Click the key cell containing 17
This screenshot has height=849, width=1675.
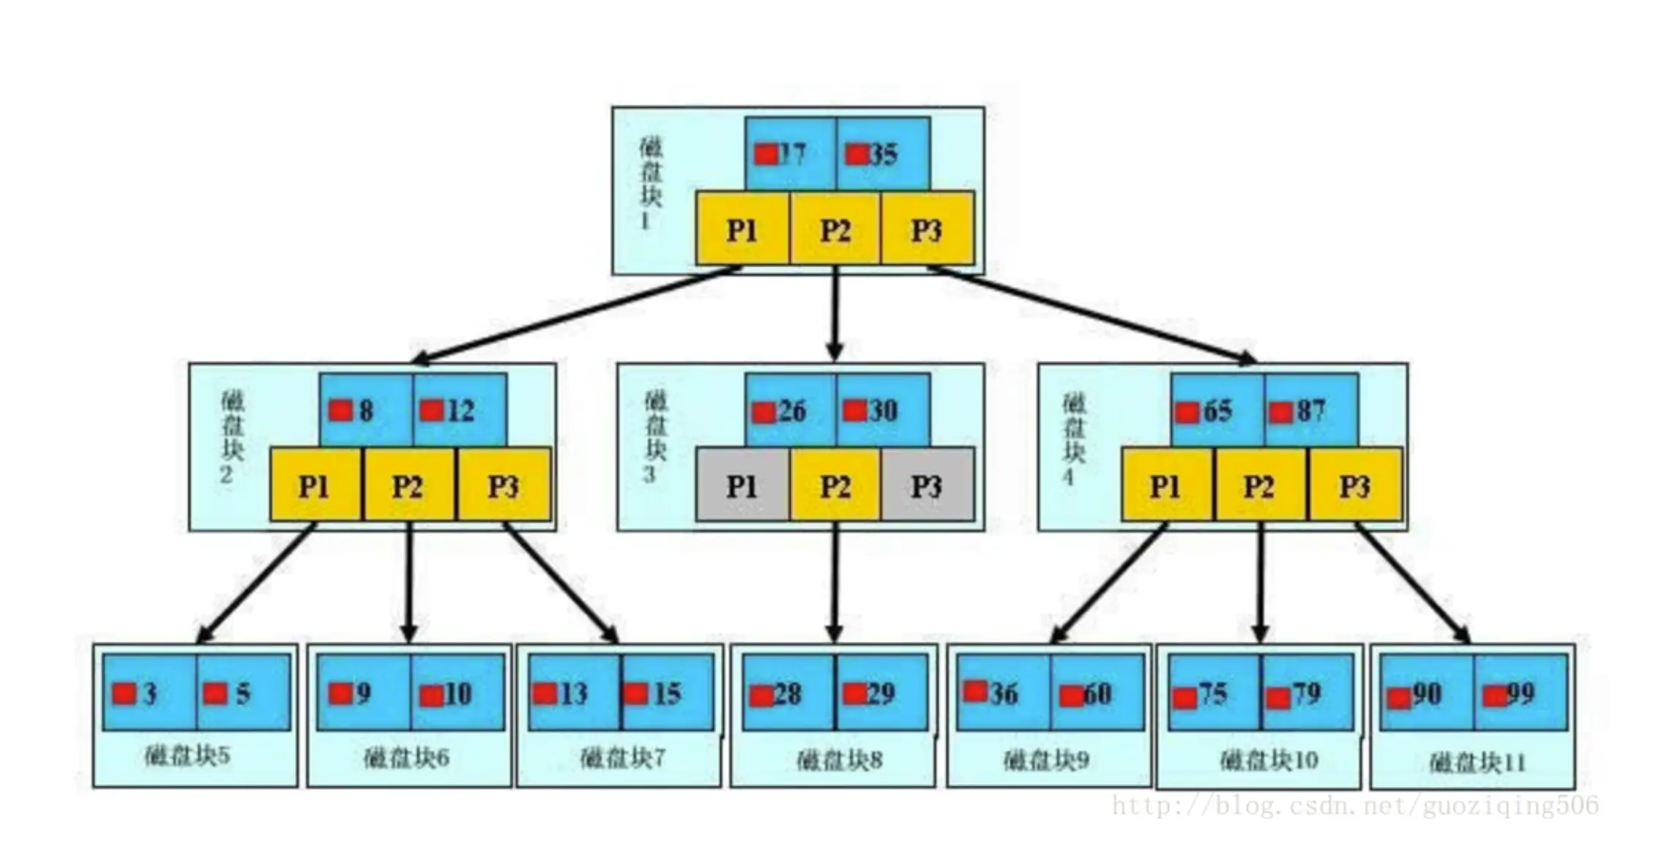tap(790, 154)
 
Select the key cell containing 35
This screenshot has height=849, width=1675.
tap(883, 154)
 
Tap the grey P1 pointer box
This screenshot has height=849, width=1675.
tap(742, 485)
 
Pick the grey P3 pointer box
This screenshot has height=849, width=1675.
tap(928, 485)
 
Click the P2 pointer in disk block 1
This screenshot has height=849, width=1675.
tap(835, 229)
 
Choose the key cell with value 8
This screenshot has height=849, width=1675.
tap(365, 410)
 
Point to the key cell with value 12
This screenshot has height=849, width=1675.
tap(459, 410)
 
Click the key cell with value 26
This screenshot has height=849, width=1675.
tap(790, 410)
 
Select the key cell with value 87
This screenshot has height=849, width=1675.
tap(1311, 410)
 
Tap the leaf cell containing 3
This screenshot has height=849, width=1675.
tap(149, 692)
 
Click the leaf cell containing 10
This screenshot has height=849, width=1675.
tap(458, 692)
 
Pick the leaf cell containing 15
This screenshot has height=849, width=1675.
tap(667, 692)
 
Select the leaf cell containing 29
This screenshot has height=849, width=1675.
tap(881, 692)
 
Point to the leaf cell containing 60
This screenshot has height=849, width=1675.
tap(1097, 692)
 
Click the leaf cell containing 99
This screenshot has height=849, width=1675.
tap(1520, 692)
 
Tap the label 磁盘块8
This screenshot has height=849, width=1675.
tap(839, 760)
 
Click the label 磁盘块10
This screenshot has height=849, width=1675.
tap(1269, 760)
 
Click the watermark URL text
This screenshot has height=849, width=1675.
tap(1354, 806)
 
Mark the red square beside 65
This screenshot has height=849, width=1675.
tap(1187, 413)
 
